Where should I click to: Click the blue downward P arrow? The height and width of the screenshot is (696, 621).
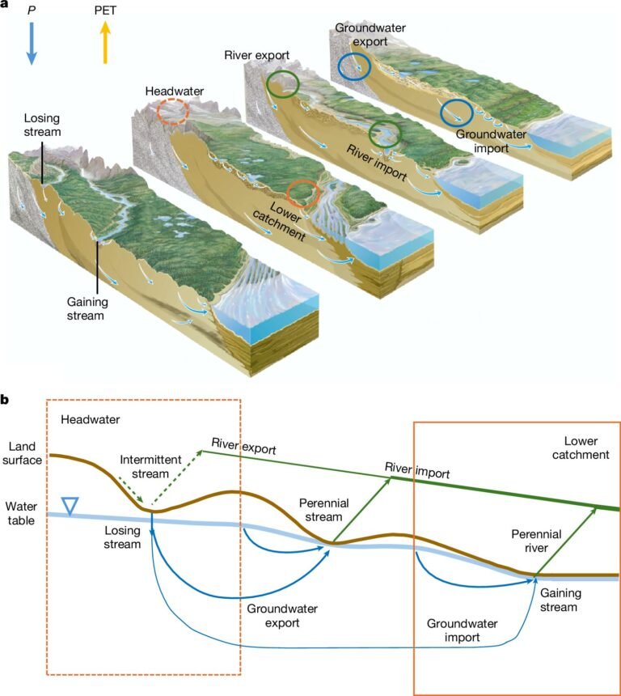click(32, 44)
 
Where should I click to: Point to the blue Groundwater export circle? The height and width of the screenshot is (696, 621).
click(353, 66)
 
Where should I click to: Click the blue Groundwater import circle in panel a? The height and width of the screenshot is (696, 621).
click(456, 113)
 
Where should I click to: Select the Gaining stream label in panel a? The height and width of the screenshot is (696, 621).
click(86, 308)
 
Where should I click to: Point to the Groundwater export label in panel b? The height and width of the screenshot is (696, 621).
click(271, 616)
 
